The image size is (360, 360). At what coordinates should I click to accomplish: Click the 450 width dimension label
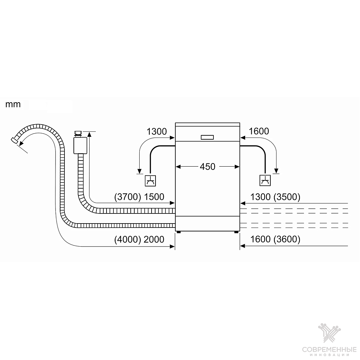point(208,167)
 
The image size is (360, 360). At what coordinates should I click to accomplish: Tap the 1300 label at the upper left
point(157,131)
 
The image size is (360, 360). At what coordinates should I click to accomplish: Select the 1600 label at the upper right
point(259,131)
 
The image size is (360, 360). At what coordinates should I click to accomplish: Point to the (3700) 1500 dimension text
point(139,197)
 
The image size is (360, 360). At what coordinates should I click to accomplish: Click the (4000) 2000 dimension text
point(139,240)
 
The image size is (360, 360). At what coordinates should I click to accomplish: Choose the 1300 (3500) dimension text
point(275,197)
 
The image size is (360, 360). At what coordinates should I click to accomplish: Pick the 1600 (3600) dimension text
point(275,239)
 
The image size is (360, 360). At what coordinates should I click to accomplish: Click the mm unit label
point(13,105)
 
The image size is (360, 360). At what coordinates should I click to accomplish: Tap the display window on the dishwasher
point(207,137)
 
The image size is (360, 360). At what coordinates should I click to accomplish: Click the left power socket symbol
point(150,181)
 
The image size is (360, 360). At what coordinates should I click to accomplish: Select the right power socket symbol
point(265,180)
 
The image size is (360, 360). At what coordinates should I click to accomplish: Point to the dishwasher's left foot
point(179,232)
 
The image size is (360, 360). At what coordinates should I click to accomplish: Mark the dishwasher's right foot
point(236,232)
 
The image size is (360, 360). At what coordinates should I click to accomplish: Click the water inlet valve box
point(80,145)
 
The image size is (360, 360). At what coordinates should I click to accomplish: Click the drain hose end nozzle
point(14,140)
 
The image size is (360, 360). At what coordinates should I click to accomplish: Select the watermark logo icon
point(329,334)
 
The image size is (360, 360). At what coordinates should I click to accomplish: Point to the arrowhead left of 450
point(178,167)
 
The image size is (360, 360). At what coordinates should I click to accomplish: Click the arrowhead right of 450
point(237,167)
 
